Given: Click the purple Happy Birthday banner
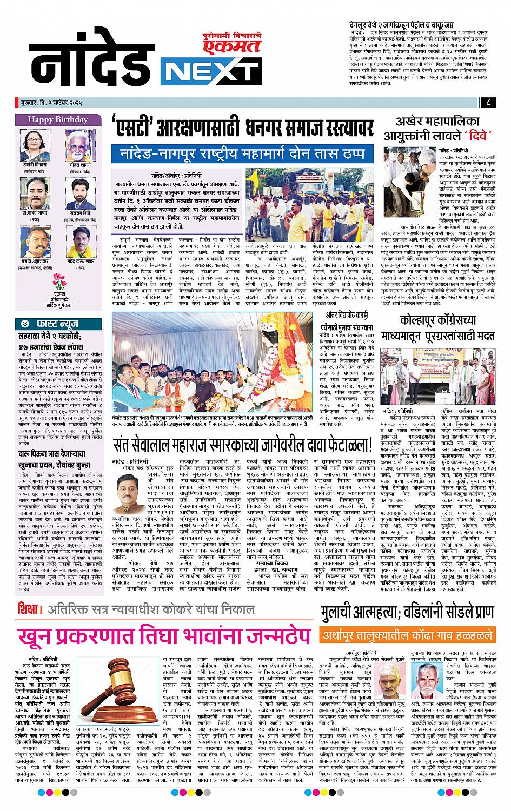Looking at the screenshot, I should click(x=58, y=119).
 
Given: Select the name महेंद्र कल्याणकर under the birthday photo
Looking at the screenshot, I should click(x=81, y=260).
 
